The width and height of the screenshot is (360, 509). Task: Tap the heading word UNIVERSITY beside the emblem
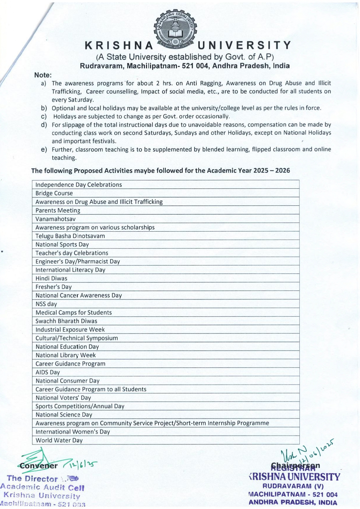point(244,45)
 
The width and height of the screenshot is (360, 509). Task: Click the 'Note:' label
point(43,75)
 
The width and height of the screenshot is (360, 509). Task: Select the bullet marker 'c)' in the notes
point(44,116)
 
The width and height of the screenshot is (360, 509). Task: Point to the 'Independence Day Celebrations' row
point(79,185)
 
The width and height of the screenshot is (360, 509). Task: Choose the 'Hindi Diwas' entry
point(51,278)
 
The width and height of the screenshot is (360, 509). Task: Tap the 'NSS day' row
point(46,304)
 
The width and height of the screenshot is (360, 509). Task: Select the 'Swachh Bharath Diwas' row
point(66,321)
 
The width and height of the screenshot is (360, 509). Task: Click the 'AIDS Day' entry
point(48,372)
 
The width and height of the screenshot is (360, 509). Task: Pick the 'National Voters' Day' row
point(63,398)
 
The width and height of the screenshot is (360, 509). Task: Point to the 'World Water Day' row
point(59,440)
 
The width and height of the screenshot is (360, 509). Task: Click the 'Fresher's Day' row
point(53,287)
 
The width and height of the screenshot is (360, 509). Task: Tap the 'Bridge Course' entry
point(54,193)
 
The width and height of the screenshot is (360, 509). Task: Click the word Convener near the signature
point(38,466)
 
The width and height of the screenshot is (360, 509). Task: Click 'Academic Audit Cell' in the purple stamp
point(42,487)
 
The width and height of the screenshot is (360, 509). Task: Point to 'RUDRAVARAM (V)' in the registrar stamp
point(293,486)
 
